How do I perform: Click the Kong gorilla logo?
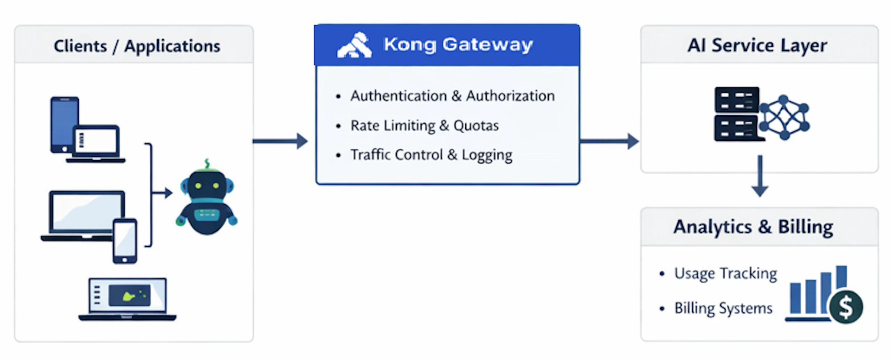[354, 46]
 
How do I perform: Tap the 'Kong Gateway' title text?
[458, 45]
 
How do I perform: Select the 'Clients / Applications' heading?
[137, 46]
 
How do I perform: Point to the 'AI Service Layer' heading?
[757, 46]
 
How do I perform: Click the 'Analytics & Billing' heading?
[753, 227]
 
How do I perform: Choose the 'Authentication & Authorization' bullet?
[452, 96]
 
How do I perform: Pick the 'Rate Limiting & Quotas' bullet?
[424, 126]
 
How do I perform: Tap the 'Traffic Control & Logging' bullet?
[431, 155]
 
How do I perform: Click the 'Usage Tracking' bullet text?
[725, 274]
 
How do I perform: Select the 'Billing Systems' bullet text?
[723, 308]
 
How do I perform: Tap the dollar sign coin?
[846, 307]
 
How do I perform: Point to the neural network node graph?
[784, 117]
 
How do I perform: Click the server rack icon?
[736, 114]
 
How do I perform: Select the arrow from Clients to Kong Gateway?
[280, 141]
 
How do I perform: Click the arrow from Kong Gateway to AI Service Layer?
[609, 141]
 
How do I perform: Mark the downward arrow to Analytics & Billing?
[760, 176]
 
